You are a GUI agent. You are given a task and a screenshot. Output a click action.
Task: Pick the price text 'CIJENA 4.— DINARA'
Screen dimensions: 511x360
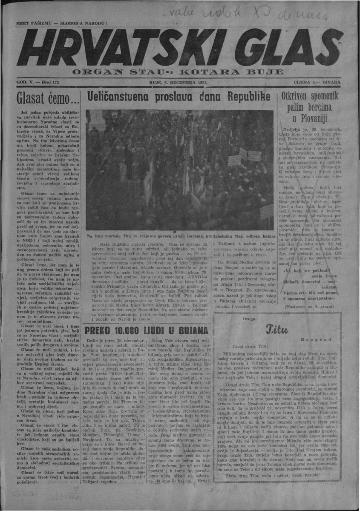(x=317, y=82)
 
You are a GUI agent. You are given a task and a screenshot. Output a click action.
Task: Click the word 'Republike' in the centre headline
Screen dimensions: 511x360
(x=246, y=97)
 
